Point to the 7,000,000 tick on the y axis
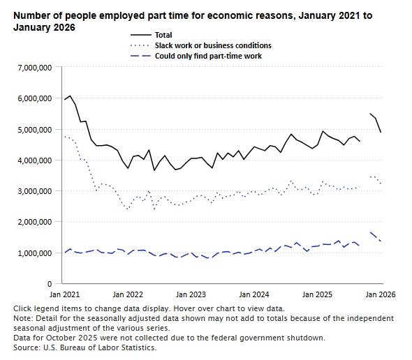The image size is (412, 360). coord(31,68)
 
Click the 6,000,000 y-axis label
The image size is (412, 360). coord(31,98)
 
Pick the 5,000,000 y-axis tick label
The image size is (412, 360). coord(31,130)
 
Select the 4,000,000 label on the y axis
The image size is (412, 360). coord(31,160)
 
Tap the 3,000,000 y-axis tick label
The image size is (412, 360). coord(31,191)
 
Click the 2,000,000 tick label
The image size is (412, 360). coord(31,222)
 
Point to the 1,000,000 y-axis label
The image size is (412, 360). coord(31,253)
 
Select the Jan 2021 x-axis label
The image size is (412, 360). coord(65,296)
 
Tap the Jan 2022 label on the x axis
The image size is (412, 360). coord(128,296)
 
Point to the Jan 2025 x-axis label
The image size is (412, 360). coord(318,296)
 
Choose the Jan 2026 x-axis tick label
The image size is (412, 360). coord(381,296)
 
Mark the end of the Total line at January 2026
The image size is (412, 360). coord(381,132)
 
